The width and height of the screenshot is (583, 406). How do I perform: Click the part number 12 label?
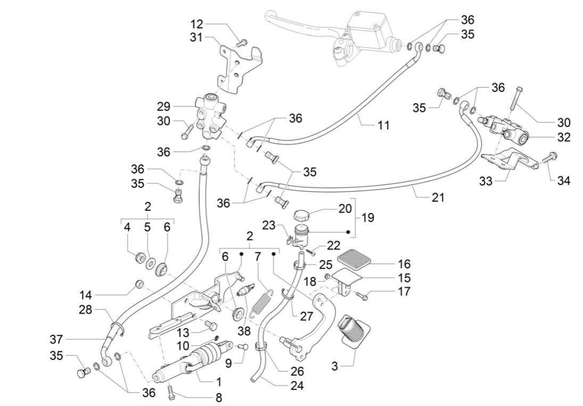pyautogui.click(x=196, y=24)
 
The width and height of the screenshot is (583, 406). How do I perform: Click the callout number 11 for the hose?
pyautogui.click(x=383, y=126)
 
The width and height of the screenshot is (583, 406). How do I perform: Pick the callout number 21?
pyautogui.click(x=437, y=197)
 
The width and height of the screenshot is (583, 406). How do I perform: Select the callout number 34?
pyautogui.click(x=564, y=181)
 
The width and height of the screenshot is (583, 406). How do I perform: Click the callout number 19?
pyautogui.click(x=367, y=218)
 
